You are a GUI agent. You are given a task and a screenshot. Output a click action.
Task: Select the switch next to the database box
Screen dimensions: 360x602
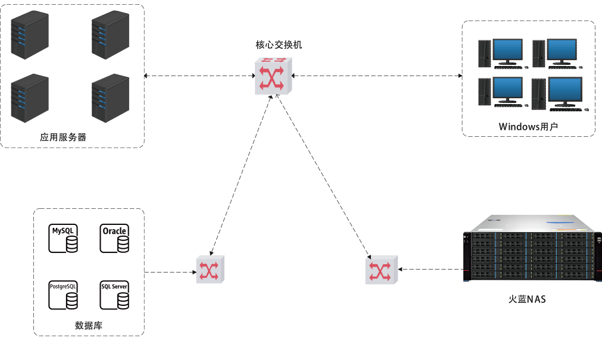[x=210, y=270]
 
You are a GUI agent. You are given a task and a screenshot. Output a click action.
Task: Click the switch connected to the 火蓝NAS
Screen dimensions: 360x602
[x=380, y=270]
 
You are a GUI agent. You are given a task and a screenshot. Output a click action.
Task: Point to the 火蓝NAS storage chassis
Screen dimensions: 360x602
[x=531, y=251]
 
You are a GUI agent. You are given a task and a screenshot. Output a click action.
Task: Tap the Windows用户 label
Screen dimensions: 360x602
[x=528, y=127]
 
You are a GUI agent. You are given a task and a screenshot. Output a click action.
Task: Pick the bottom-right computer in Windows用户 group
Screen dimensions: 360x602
[x=557, y=94]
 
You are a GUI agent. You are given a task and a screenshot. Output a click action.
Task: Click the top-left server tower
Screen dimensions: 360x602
[x=30, y=35]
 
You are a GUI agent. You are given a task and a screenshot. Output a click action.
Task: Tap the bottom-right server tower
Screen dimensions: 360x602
[x=110, y=98]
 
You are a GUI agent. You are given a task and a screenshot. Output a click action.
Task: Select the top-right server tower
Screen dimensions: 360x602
[x=110, y=35]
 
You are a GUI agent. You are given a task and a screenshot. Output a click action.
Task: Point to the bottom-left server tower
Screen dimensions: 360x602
[x=30, y=98]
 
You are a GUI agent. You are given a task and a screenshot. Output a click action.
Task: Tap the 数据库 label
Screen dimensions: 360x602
[x=89, y=325]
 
